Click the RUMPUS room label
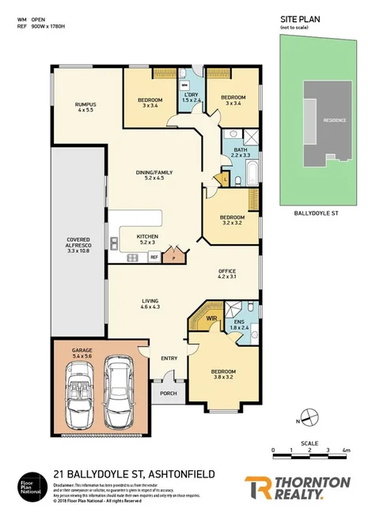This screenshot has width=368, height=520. coord(85,104)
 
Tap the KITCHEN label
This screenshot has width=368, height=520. coord(147,236)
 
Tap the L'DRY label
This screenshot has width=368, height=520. coord(192,96)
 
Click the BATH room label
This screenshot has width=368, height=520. coord(239,149)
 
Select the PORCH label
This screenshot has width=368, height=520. coord(168,393)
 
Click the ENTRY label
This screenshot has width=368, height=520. coord(169,359)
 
